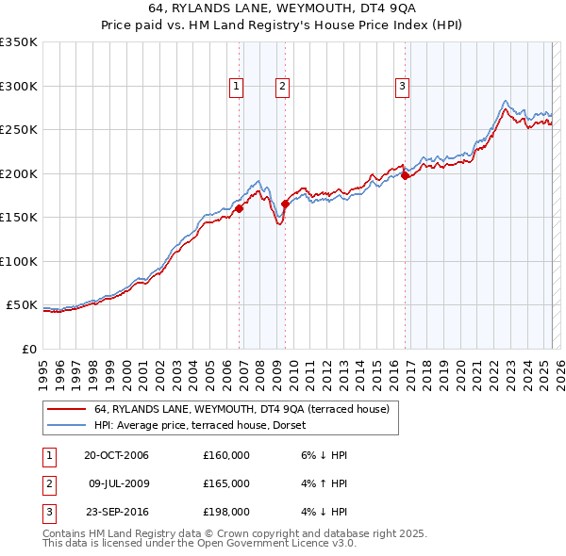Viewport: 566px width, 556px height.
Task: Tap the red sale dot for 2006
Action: coord(240,209)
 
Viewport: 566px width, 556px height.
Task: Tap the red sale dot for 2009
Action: coord(285,203)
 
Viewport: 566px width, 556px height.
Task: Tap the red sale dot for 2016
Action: coord(405,174)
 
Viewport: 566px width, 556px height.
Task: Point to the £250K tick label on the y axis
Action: coord(19,130)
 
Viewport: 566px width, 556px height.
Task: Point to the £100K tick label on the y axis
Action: coord(19,261)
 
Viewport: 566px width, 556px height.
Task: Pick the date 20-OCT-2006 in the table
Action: coord(116,455)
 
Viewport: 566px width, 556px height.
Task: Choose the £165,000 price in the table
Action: coord(226,483)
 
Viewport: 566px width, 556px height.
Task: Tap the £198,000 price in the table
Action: coord(226,512)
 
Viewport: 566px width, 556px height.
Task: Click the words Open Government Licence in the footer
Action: coord(255,545)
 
